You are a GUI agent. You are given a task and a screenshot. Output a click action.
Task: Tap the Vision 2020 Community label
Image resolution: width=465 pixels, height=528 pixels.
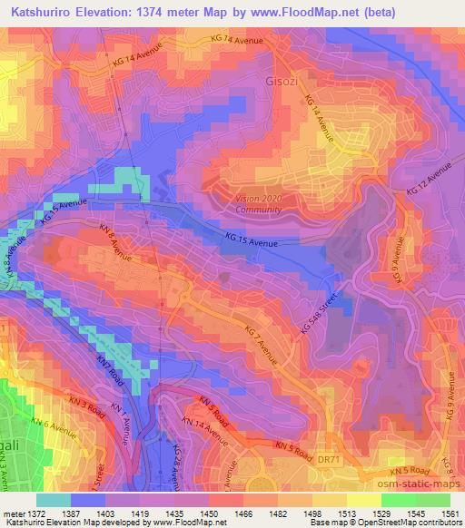click(257, 203)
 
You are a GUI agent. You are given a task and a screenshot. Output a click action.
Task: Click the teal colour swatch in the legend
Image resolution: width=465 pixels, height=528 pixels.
click(53, 499)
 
